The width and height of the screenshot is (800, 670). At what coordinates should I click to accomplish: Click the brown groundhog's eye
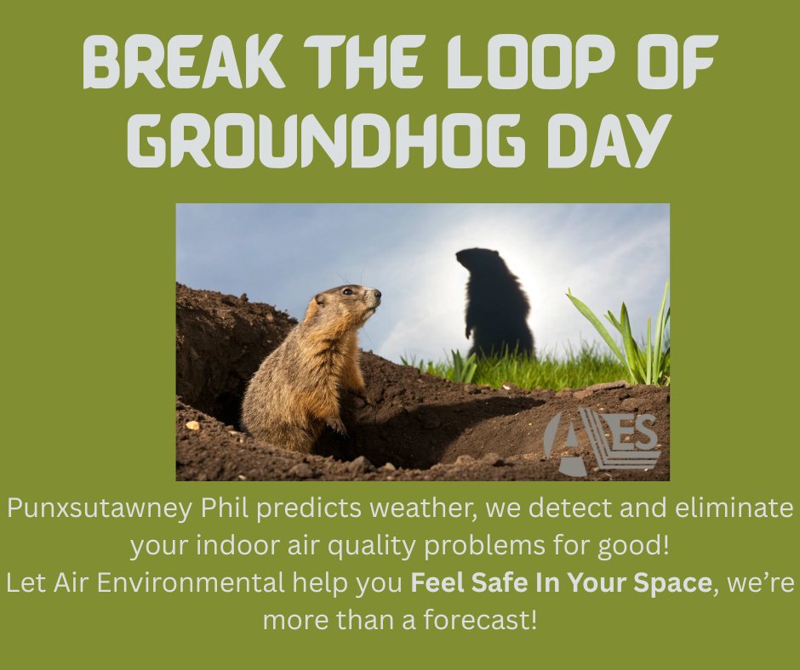tap(347, 292)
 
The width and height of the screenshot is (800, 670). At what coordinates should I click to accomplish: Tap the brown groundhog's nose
tap(378, 293)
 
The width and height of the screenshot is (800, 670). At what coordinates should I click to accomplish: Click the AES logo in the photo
tap(602, 440)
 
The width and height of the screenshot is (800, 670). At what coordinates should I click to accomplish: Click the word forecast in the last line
tap(477, 621)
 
